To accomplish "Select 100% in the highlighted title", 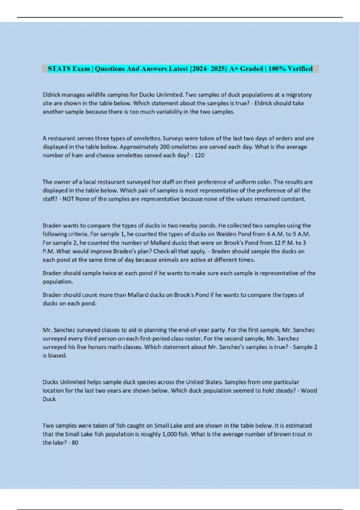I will pyautogui.click(x=277, y=69).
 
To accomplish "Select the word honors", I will pyautogui.click(x=98, y=347).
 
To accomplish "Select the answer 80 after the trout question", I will pyautogui.click(x=75, y=443).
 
